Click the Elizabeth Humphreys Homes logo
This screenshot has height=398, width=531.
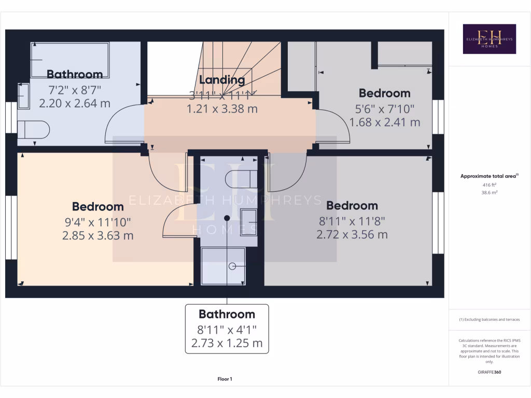coord(489,39)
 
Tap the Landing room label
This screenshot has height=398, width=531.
coord(222,80)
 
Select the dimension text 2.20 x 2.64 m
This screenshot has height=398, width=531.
coord(75,103)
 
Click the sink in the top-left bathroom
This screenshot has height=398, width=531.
coord(24,96)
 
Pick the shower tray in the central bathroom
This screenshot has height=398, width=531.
coord(223,265)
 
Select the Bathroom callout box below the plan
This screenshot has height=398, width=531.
coord(227,329)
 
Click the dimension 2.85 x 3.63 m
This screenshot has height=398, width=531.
coord(97,235)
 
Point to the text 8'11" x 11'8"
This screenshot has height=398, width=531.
coord(352,221)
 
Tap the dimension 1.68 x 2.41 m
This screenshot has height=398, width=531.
coord(384,122)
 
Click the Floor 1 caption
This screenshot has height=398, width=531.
coord(225,379)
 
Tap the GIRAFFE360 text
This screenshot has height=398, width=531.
coord(490,372)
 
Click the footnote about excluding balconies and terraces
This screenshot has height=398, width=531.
coord(490,320)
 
